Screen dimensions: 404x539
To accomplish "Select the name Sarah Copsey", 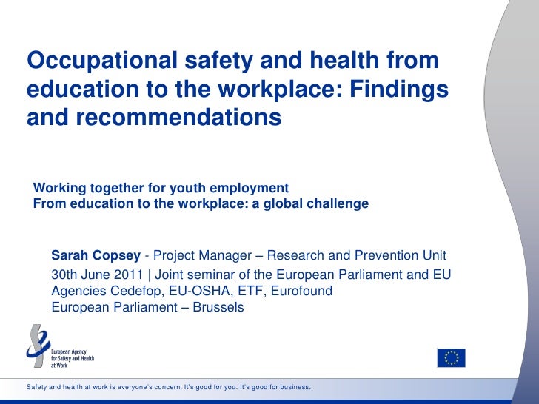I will click(96, 256).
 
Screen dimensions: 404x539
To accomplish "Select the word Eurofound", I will click(301, 291).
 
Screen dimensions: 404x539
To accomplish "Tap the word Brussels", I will click(218, 306).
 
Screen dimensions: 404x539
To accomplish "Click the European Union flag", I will click(451, 357).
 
